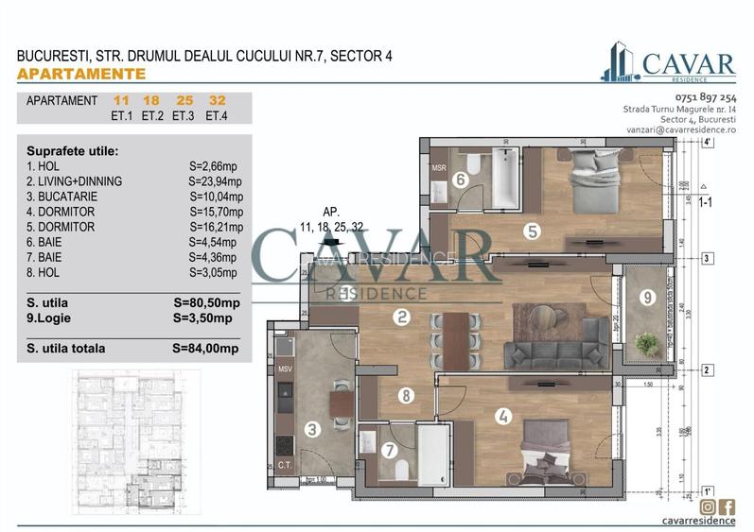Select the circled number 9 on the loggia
tap(647, 298)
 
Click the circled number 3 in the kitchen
tap(313, 429)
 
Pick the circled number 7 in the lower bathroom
tap(389, 451)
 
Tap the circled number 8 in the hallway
tap(405, 396)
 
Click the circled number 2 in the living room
tap(402, 317)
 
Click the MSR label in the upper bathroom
tap(439, 168)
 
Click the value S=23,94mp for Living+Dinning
tap(216, 181)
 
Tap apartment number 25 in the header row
tap(184, 100)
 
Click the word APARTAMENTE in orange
tap(81, 74)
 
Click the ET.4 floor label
tap(216, 116)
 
